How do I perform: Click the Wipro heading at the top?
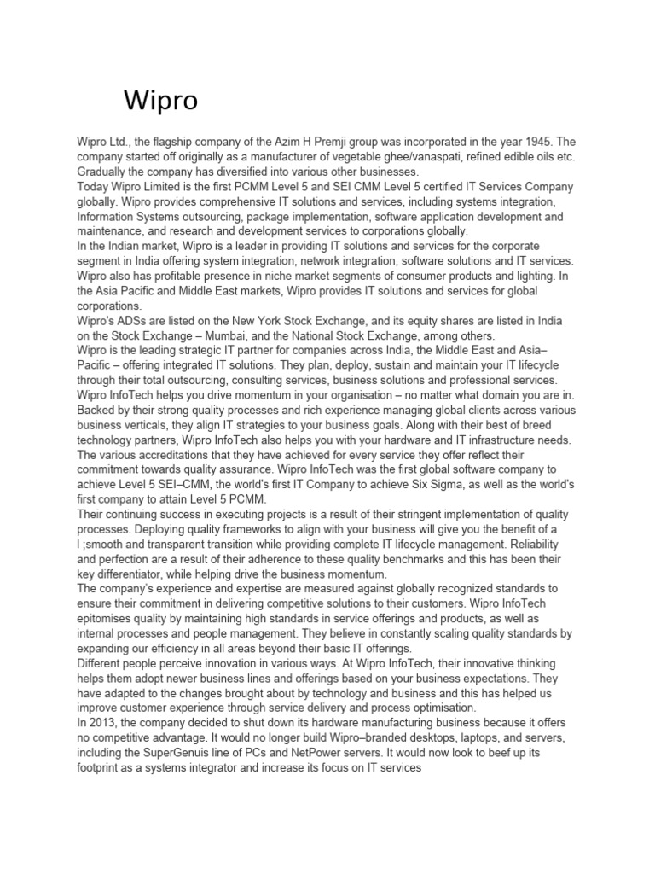(x=160, y=102)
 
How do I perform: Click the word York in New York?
(x=323, y=322)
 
